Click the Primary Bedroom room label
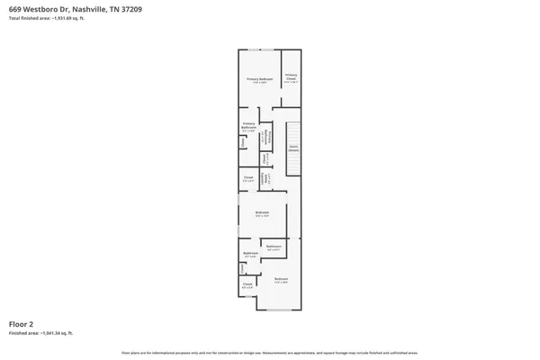tap(260, 79)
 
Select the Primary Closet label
tap(291, 78)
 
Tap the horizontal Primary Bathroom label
tap(248, 126)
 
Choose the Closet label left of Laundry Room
tap(247, 178)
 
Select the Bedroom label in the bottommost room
tap(281, 279)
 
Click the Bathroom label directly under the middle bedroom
tap(274, 246)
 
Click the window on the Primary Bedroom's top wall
tap(261, 49)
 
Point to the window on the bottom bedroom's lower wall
tap(280, 310)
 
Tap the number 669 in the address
tap(15, 9)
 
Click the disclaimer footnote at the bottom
tap(270, 352)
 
